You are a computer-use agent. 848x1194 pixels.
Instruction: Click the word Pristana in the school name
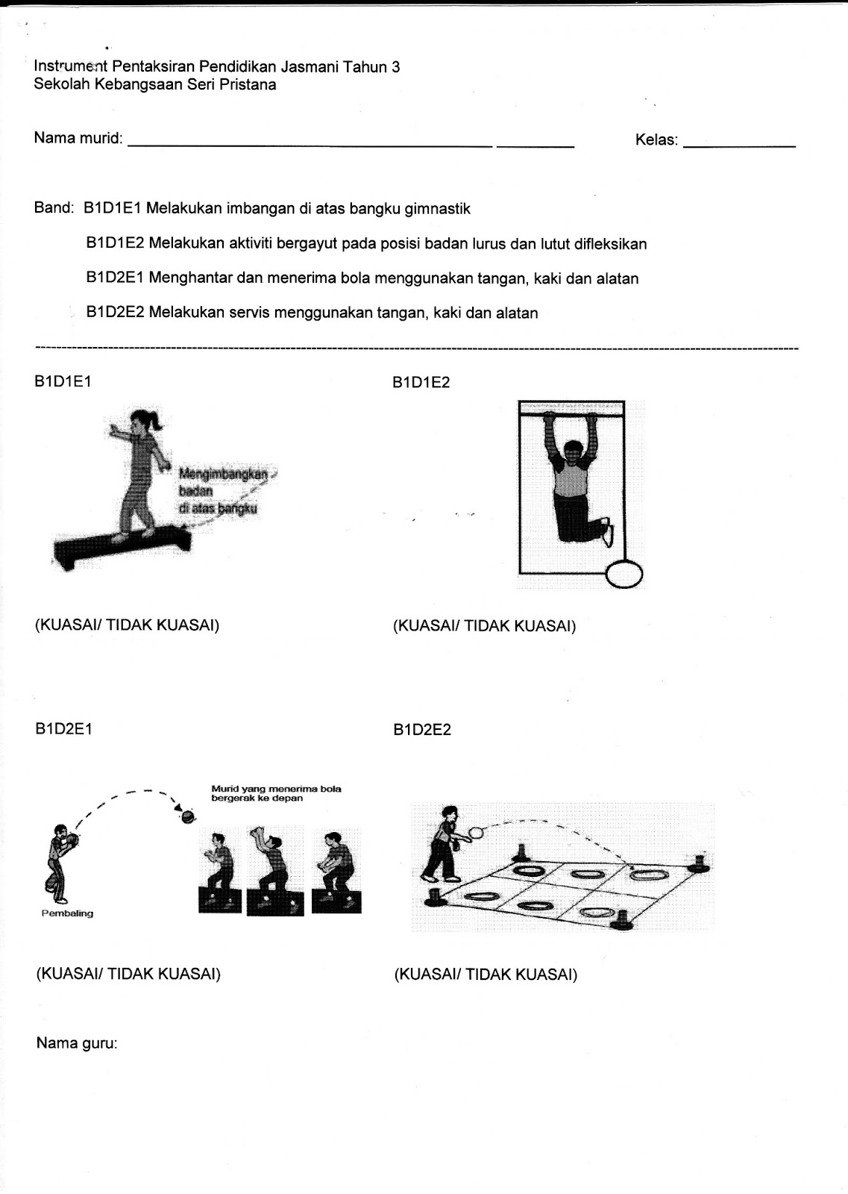tap(248, 85)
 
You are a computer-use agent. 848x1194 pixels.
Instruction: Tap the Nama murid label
tap(78, 139)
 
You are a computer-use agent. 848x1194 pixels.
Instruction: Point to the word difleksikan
tap(610, 244)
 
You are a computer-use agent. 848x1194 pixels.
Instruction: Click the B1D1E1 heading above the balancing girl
tap(63, 381)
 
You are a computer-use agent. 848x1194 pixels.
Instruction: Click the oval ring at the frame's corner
tap(624, 575)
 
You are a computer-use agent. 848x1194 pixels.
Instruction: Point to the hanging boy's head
tap(573, 453)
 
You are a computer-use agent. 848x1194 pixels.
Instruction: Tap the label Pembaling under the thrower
tap(67, 913)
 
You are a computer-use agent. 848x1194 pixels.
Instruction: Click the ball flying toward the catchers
tap(188, 817)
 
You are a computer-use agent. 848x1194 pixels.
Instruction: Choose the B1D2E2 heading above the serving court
tap(422, 730)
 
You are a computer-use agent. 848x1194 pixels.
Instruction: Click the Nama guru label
tap(77, 1043)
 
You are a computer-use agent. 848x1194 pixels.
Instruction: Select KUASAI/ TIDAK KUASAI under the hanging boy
tap(485, 626)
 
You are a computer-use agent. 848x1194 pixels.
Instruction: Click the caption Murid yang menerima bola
tap(276, 789)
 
